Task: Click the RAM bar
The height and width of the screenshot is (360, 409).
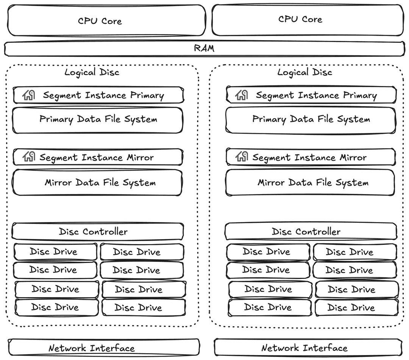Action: [204, 49]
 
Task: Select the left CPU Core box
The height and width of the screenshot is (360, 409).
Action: [106, 20]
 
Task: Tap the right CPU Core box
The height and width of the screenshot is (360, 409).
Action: [308, 20]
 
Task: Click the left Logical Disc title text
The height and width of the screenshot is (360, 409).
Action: [92, 72]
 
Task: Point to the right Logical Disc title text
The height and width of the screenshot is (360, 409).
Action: [305, 72]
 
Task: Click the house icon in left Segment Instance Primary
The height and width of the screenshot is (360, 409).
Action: [29, 95]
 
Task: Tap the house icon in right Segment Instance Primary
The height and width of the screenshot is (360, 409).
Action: [242, 95]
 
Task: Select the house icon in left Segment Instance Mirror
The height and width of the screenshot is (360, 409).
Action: [29, 157]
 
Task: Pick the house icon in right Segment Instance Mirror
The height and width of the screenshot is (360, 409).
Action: [242, 157]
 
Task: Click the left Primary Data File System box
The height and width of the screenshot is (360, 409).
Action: [98, 120]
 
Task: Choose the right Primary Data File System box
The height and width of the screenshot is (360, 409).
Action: [311, 120]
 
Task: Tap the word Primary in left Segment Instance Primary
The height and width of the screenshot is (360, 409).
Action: [147, 95]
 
